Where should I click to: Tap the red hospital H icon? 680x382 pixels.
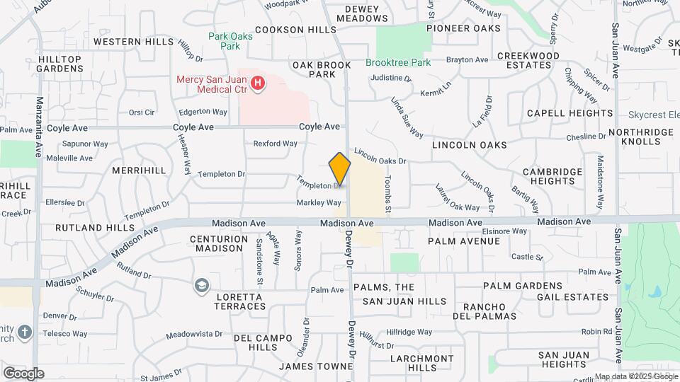(259, 84)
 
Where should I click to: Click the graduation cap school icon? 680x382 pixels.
(202, 286)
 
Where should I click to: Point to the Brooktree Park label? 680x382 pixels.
(398, 62)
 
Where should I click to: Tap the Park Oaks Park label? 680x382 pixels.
(225, 41)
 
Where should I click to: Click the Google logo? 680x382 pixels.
(23, 373)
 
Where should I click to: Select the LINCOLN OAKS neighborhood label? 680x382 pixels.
(469, 144)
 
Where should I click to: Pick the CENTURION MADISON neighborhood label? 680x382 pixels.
(220, 243)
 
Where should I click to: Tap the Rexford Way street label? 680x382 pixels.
(275, 144)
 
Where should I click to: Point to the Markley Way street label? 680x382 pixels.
(319, 203)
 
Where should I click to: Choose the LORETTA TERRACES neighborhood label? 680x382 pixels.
(240, 301)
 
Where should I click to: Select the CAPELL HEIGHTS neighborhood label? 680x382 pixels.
(569, 113)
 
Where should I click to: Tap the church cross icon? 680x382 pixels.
(25, 332)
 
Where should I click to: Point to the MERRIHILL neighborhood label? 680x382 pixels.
(138, 170)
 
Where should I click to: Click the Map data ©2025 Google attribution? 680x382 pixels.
(635, 376)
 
